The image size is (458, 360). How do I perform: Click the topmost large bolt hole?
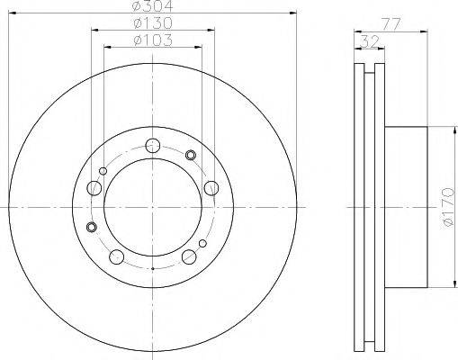pos(152,146)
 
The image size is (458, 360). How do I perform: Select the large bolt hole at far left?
pos(94,188)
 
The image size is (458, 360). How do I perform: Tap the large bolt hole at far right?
pos(211,187)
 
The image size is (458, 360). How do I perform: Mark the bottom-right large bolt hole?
pos(189,258)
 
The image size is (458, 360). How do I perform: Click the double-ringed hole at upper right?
pos(191,156)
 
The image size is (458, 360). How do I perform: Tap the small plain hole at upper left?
pos(103,170)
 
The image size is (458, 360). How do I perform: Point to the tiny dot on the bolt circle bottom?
pos(152,268)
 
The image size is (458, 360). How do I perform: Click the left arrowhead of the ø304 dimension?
pos(12,14)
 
